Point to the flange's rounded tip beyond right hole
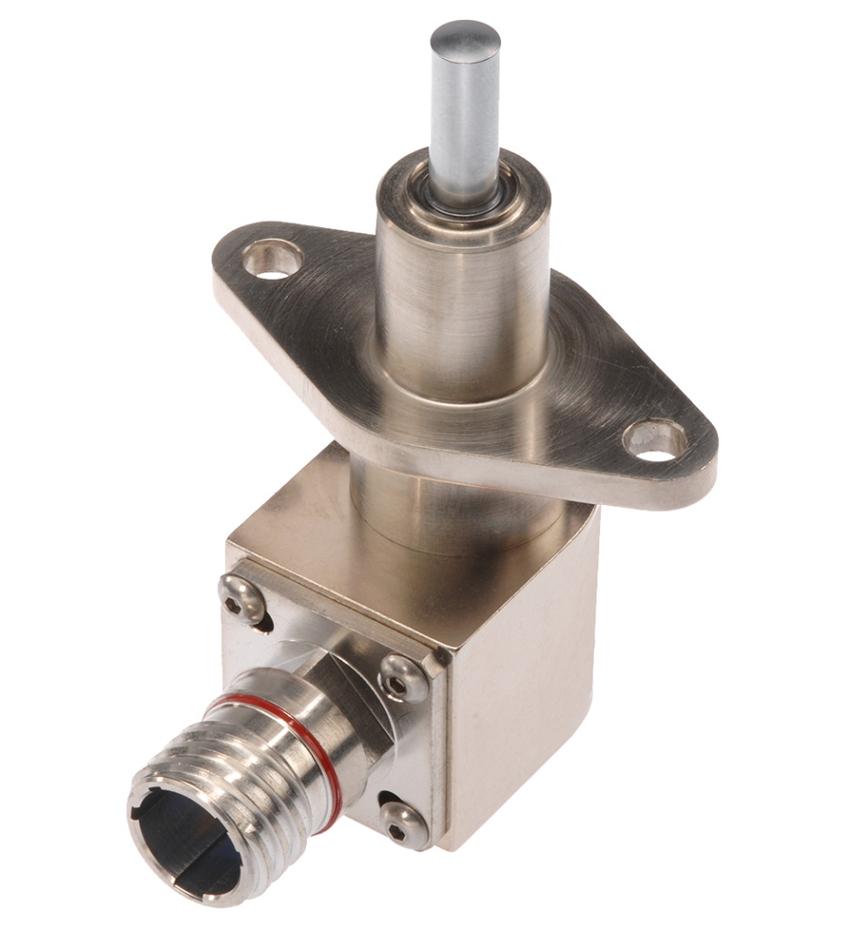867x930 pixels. pyautogui.click(x=699, y=454)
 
